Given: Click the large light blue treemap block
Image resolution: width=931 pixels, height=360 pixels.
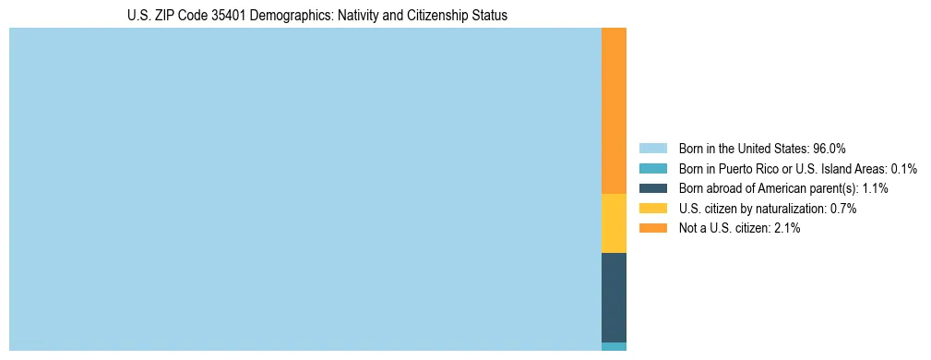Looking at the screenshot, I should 304,189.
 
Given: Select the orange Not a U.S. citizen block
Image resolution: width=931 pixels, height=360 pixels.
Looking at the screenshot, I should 614,111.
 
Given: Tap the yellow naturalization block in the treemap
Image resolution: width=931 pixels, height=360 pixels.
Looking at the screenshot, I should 614,223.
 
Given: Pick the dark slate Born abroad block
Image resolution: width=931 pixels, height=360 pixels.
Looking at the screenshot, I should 614,297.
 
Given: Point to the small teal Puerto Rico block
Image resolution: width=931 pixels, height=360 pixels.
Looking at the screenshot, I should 614,346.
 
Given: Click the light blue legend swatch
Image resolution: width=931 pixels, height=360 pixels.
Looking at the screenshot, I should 652,149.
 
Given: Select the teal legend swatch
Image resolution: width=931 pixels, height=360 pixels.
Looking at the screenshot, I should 652,169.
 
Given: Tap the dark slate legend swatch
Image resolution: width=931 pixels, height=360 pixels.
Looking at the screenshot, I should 652,188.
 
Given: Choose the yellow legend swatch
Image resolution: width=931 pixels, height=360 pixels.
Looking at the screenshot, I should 652,209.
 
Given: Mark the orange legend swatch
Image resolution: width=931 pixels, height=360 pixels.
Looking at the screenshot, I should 652,228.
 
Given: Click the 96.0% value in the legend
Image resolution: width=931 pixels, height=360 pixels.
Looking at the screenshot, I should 830,149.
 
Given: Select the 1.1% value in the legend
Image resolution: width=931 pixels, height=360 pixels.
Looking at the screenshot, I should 872,188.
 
